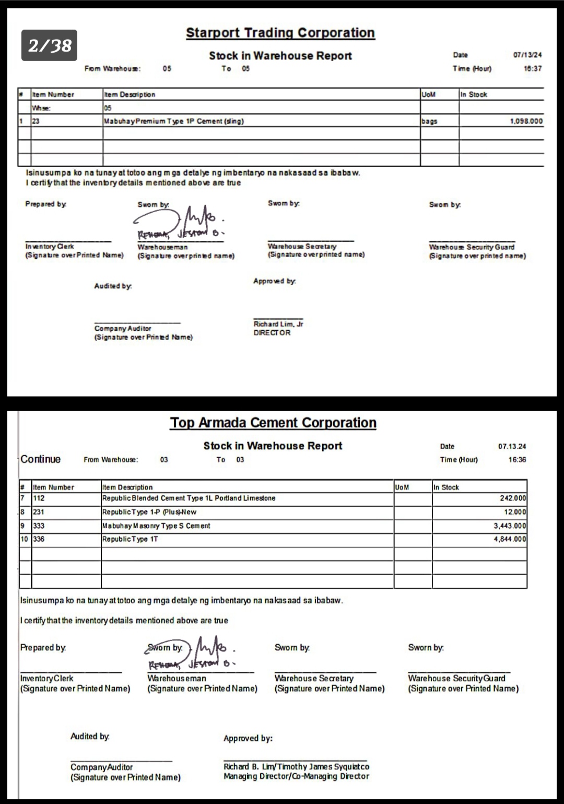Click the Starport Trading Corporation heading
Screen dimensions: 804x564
tap(280, 33)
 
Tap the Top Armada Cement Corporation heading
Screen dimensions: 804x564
tap(273, 423)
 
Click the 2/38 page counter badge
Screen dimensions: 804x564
tap(50, 45)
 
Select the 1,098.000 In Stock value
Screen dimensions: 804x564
tap(526, 121)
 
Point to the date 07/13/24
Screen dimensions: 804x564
tap(527, 55)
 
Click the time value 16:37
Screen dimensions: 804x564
tap(533, 68)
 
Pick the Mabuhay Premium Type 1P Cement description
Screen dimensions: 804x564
tap(174, 121)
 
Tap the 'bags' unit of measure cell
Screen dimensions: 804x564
tap(429, 121)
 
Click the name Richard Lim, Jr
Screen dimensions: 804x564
tap(278, 324)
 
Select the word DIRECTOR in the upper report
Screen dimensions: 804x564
tap(272, 333)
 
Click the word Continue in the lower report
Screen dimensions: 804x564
tap(41, 459)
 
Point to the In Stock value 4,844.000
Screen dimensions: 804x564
tap(510, 539)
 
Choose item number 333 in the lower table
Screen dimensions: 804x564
tap(39, 526)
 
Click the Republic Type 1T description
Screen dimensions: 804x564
tap(130, 539)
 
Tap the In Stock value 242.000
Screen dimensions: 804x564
tap(513, 498)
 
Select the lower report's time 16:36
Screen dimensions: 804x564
tap(517, 460)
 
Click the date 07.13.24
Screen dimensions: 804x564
tap(512, 447)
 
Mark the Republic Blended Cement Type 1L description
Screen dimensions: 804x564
tap(189, 498)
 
